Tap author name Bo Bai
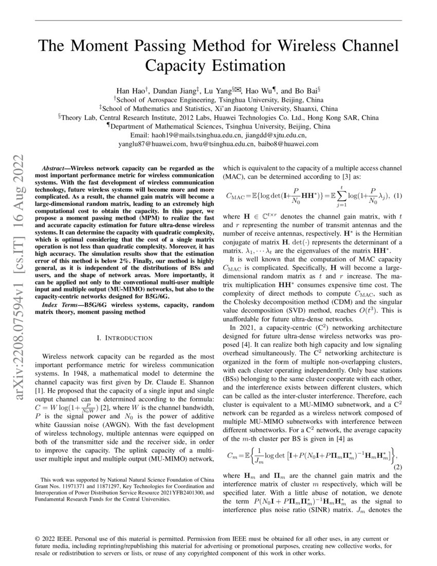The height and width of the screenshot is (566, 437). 307,90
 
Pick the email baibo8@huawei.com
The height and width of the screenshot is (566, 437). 288,144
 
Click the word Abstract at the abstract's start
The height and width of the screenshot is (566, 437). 55,168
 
